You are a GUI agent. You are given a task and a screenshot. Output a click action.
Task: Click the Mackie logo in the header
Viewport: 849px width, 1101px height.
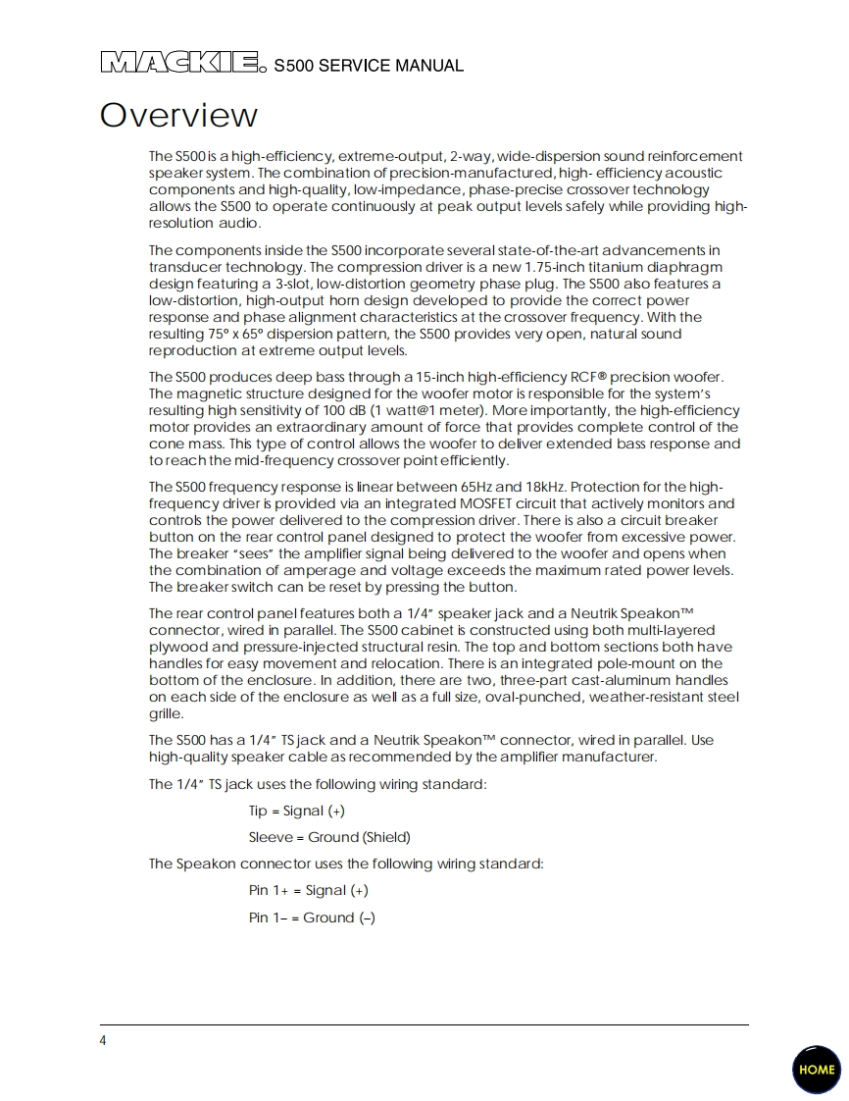coord(182,64)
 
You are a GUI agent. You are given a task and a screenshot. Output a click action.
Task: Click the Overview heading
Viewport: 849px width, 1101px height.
coord(178,116)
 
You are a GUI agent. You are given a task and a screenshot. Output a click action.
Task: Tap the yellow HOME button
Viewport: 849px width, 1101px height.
coord(816,1070)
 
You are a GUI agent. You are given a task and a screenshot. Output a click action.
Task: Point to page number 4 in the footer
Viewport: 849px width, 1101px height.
coord(103,1041)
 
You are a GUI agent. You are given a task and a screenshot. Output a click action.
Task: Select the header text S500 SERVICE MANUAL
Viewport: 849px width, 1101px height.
coord(369,67)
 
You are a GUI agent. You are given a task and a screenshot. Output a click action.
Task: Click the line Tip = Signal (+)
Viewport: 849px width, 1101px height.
coord(296,811)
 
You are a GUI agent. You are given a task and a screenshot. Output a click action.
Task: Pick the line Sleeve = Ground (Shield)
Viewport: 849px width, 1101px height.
coord(329,837)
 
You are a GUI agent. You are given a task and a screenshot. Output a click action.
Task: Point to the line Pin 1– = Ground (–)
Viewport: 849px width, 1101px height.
coord(312,917)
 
